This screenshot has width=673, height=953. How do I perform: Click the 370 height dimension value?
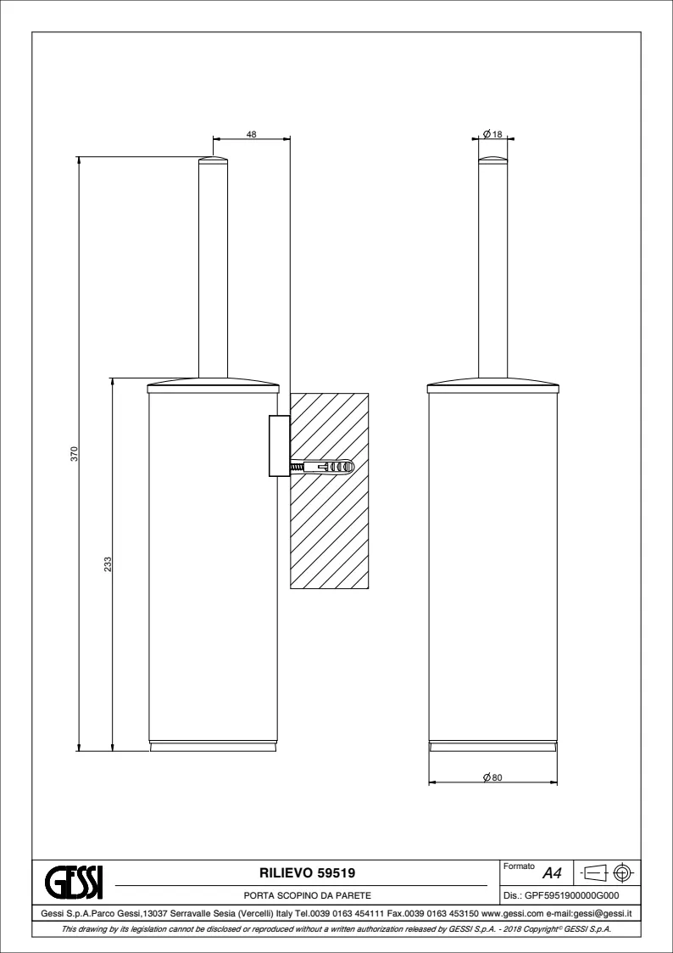(x=74, y=454)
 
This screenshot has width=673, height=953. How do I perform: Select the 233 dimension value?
(x=108, y=563)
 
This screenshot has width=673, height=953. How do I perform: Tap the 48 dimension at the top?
(x=251, y=134)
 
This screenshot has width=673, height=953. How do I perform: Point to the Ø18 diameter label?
(x=492, y=134)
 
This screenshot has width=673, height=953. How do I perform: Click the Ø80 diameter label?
(x=492, y=777)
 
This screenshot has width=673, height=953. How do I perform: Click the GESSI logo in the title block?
(x=74, y=883)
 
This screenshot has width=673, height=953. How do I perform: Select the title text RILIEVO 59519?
(x=307, y=873)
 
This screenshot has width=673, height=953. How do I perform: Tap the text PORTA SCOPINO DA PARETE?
(x=307, y=895)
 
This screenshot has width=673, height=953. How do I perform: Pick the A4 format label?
(x=552, y=874)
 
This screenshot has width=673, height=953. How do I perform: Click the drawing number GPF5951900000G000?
(x=572, y=895)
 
